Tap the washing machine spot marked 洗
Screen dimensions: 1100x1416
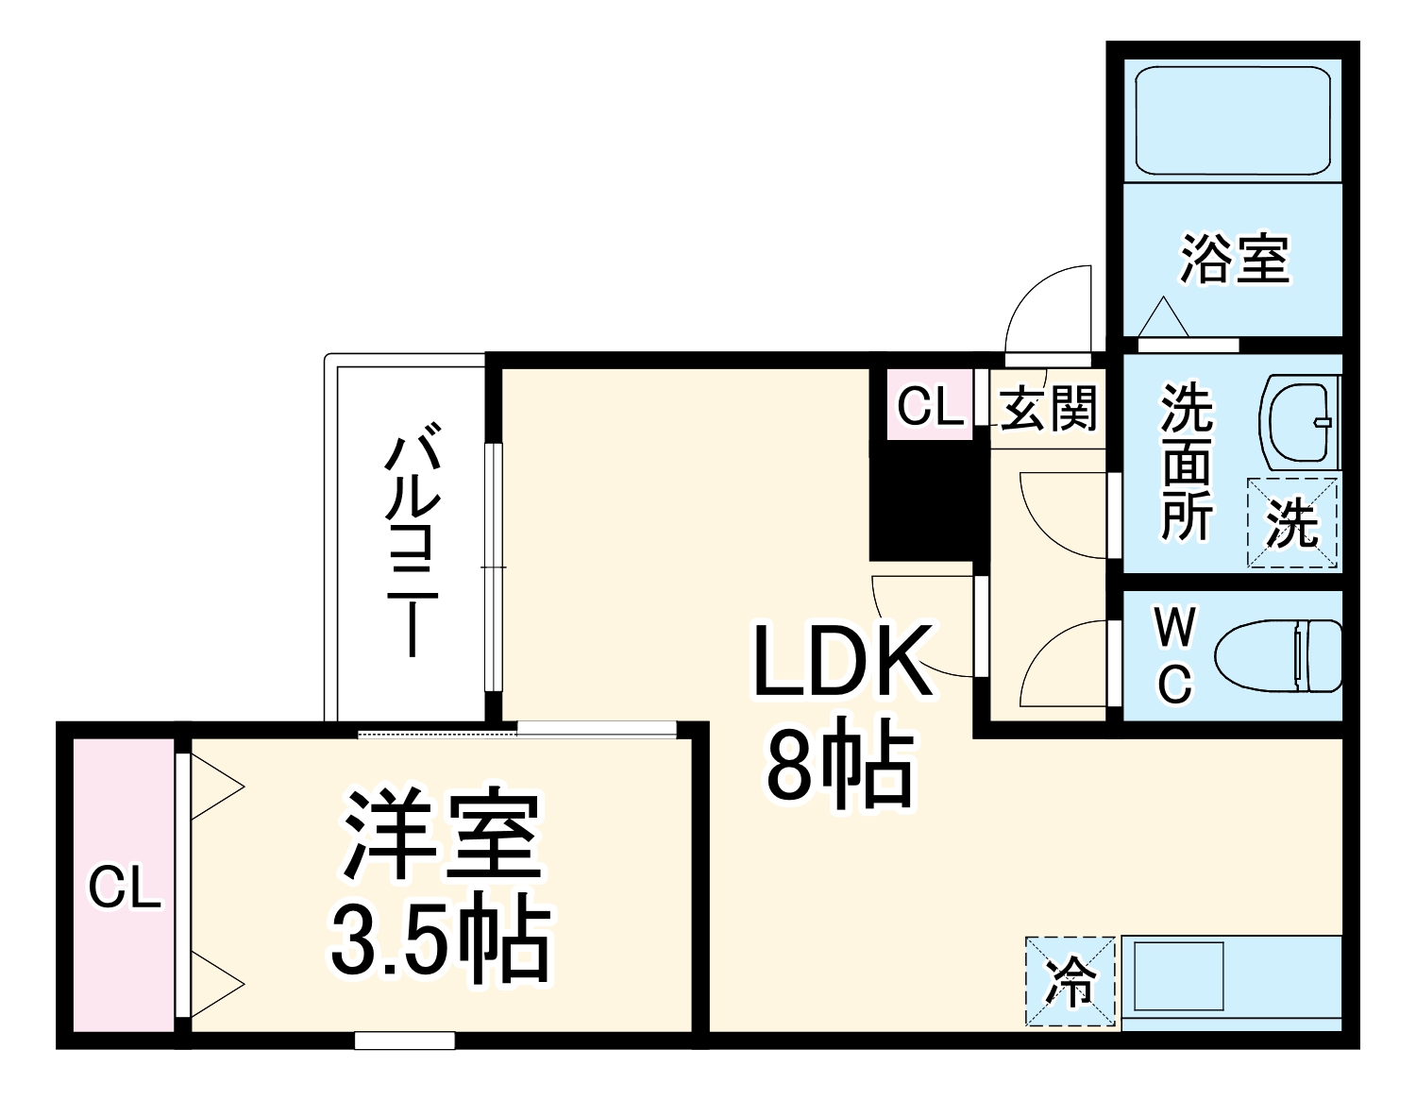(x=1292, y=523)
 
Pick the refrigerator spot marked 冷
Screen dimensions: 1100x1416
(x=1070, y=981)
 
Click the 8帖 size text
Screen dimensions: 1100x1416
(x=839, y=766)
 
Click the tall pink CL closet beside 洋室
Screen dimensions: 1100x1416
(x=124, y=887)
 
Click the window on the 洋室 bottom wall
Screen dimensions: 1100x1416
(x=405, y=1041)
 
